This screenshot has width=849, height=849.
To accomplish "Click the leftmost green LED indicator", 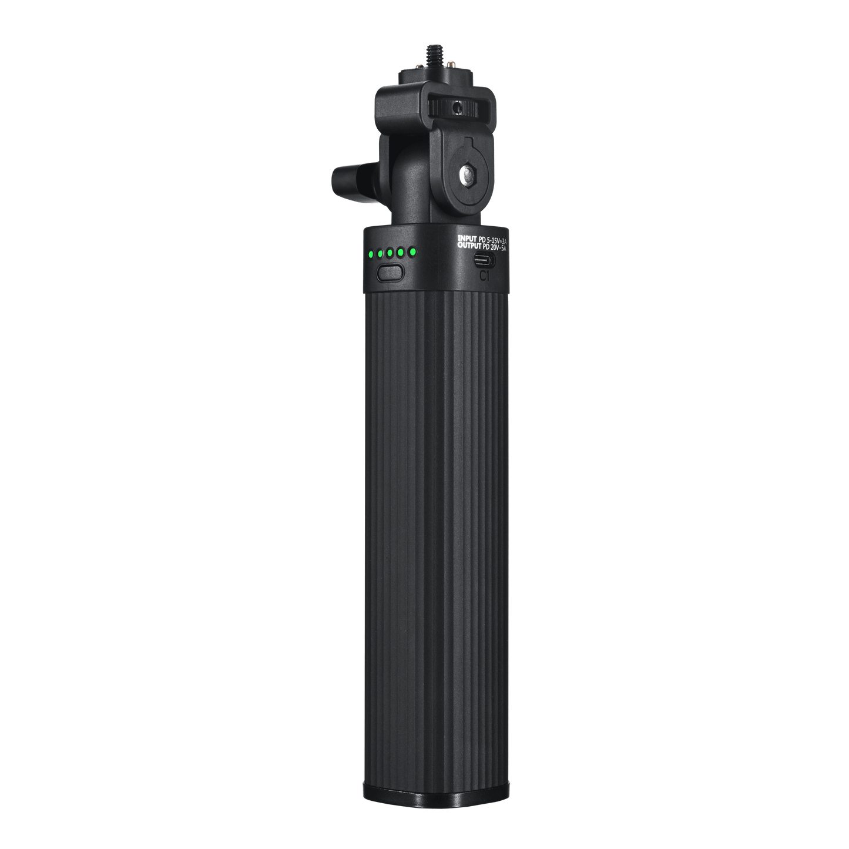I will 371,255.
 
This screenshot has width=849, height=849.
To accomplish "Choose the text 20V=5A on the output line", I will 496,249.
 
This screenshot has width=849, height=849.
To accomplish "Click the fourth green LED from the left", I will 401,253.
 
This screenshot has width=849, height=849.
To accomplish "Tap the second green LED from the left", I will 381,254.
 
